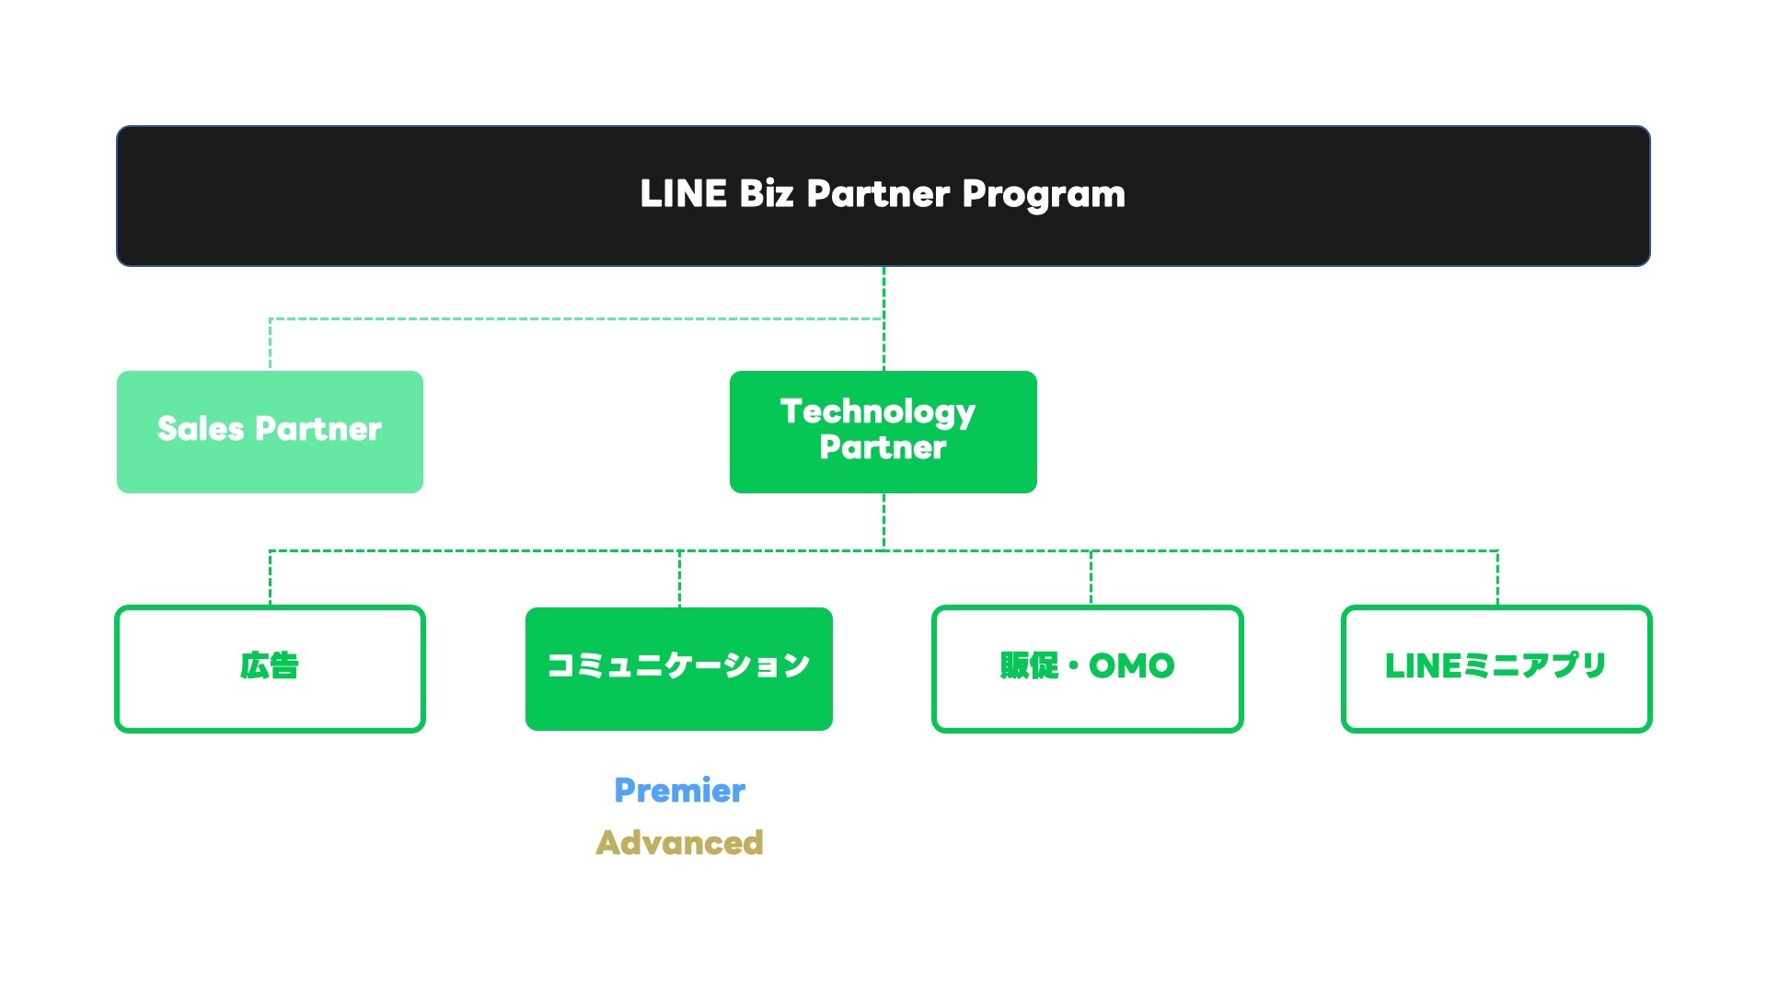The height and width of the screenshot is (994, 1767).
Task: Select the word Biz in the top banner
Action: click(x=766, y=194)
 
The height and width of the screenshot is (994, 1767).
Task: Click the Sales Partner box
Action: click(x=270, y=432)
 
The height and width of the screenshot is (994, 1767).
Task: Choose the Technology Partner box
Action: click(x=883, y=432)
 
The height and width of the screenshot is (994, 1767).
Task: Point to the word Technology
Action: click(x=877, y=412)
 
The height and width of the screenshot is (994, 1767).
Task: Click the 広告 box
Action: click(x=270, y=668)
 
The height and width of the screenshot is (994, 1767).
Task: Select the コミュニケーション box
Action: click(x=678, y=668)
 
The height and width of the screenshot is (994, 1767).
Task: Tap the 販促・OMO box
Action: click(x=1087, y=668)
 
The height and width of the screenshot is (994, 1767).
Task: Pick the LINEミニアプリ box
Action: click(x=1496, y=668)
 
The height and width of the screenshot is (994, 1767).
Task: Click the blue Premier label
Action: click(x=679, y=791)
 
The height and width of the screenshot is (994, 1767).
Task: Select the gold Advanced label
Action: click(x=679, y=843)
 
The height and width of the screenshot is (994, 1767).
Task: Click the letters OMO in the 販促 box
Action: click(x=1131, y=665)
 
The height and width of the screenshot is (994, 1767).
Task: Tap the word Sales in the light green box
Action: click(x=200, y=429)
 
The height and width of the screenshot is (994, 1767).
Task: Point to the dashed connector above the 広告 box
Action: click(x=270, y=578)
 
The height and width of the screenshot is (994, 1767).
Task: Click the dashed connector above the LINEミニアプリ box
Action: click(x=1497, y=578)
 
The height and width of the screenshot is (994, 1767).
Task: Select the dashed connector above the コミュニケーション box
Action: click(x=679, y=578)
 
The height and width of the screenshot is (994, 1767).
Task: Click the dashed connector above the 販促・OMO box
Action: click(x=1091, y=578)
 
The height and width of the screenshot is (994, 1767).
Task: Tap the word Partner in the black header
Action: click(x=878, y=194)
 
